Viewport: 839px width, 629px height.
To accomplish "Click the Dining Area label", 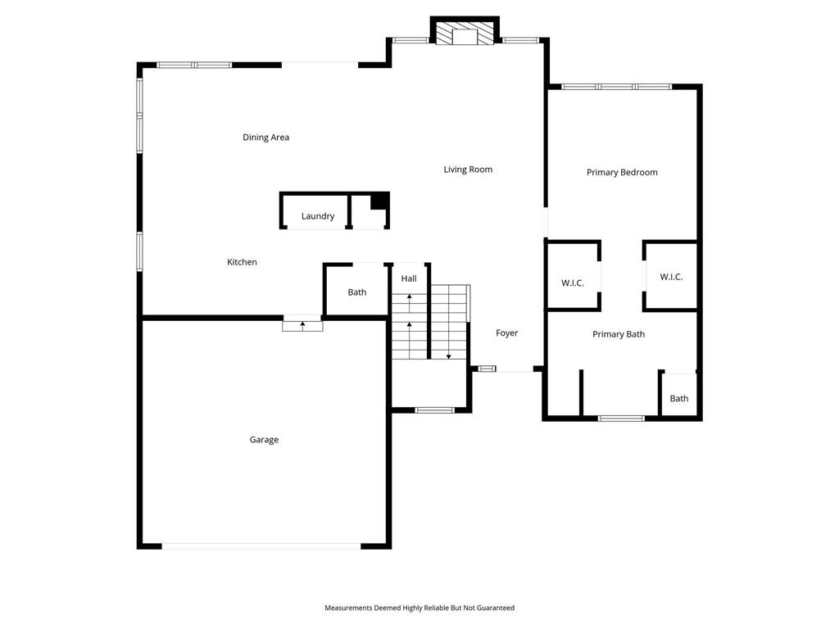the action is [x=266, y=138].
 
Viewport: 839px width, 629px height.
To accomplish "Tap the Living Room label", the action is [x=468, y=170].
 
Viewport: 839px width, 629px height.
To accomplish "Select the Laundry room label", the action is [x=318, y=216].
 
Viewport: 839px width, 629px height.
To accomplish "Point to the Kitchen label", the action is [x=242, y=262].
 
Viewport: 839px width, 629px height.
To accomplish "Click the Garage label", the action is [x=264, y=440].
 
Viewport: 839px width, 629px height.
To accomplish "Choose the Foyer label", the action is [x=506, y=333].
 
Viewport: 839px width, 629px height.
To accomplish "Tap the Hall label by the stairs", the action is [x=409, y=278].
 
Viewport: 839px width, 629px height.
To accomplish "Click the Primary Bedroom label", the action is [x=622, y=172].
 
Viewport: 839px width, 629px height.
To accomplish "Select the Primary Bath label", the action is [x=619, y=334].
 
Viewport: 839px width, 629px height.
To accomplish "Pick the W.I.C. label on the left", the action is [x=573, y=283].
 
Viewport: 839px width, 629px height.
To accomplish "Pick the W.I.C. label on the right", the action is [x=671, y=277].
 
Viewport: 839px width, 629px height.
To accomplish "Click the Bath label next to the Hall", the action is [x=357, y=292].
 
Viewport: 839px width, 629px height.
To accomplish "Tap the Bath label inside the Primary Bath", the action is [x=679, y=399].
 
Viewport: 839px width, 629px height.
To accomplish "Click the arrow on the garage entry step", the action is [x=302, y=326].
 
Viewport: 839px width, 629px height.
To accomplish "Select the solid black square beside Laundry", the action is [x=379, y=201].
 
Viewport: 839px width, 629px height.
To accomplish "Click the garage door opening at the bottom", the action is [x=261, y=546].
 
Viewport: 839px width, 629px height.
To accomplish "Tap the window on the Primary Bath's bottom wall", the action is [x=621, y=419].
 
